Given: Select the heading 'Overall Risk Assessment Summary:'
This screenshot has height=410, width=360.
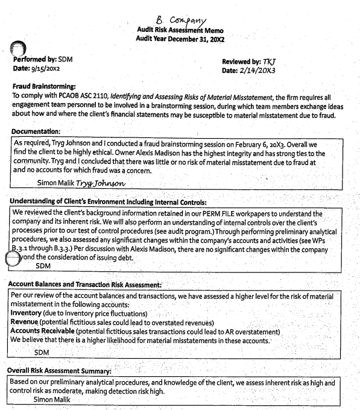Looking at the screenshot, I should point(60,372).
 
